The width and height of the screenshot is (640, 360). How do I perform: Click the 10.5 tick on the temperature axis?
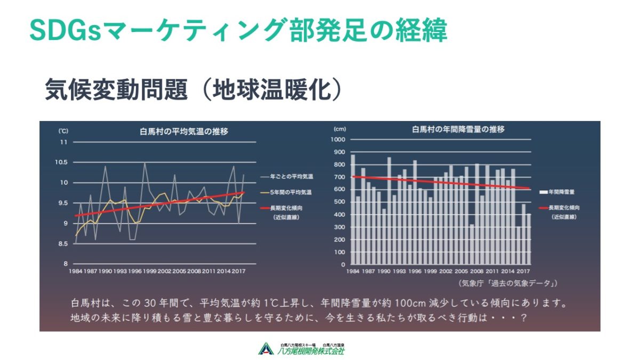click(62, 162)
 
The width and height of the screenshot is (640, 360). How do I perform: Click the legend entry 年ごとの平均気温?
click(291, 175)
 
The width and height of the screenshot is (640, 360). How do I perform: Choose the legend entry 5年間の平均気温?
click(291, 191)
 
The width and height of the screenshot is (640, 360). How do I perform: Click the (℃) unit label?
click(63, 130)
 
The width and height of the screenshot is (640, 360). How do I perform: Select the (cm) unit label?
click(340, 129)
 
